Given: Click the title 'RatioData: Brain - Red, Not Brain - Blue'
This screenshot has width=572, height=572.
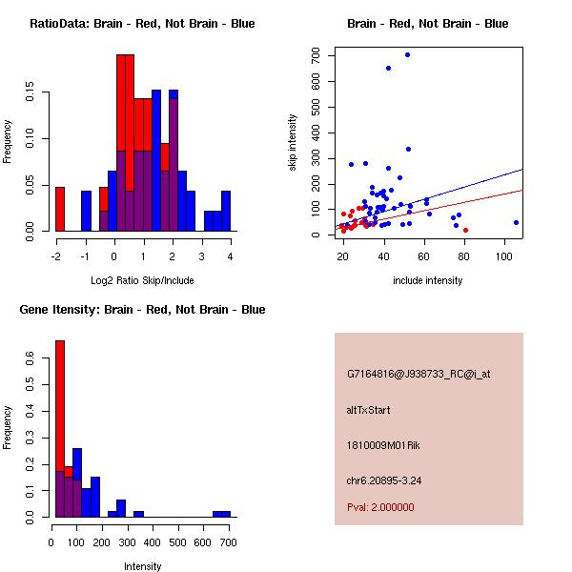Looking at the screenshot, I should click(142, 24).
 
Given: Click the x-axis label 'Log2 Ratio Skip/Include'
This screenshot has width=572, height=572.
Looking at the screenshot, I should click(142, 280).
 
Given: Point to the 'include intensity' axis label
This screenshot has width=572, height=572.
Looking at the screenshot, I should click(428, 280).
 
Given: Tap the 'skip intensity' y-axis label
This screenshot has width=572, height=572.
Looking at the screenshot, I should click(294, 143).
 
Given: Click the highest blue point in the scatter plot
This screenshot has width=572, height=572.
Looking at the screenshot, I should click(407, 54).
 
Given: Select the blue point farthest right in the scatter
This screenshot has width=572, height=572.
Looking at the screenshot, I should click(516, 222).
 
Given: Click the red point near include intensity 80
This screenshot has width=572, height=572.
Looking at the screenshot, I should click(465, 230).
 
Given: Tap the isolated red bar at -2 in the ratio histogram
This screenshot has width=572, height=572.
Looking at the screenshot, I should click(60, 209).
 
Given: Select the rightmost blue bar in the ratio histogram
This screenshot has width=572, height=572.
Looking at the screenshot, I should click(225, 211).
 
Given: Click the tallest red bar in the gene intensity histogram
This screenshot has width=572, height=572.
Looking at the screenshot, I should click(60, 428).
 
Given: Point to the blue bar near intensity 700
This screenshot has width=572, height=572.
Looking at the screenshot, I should click(221, 514).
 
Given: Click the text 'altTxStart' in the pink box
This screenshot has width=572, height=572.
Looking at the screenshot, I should click(368, 410).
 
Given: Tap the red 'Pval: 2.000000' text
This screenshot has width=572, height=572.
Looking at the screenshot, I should click(380, 507).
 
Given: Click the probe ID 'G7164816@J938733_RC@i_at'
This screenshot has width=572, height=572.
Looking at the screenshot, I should click(419, 375).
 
